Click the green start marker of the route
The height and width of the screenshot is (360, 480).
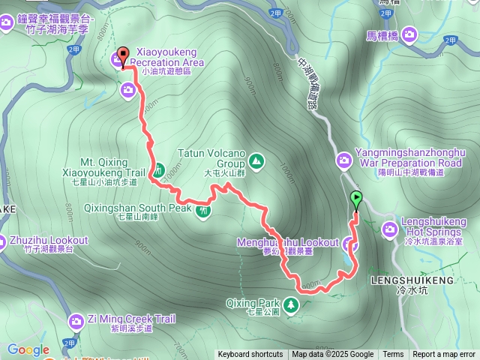click(x=355, y=199)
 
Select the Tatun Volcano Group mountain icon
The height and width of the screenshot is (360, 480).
click(x=256, y=160)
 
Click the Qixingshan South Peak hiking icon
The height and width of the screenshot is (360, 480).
click(x=203, y=211)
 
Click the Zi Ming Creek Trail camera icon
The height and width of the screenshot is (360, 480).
click(x=76, y=321)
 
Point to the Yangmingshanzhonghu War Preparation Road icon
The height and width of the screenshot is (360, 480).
click(x=344, y=160)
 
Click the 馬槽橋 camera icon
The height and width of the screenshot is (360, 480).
click(x=409, y=34)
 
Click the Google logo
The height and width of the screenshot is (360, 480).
click(x=28, y=349)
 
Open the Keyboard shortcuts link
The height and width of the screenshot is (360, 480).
click(x=250, y=355)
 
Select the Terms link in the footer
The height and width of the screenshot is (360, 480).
click(x=393, y=355)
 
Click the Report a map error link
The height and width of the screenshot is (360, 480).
click(x=444, y=355)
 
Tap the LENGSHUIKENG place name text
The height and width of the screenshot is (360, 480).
click(x=412, y=280)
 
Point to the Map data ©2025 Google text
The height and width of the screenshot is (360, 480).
click(x=332, y=355)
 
